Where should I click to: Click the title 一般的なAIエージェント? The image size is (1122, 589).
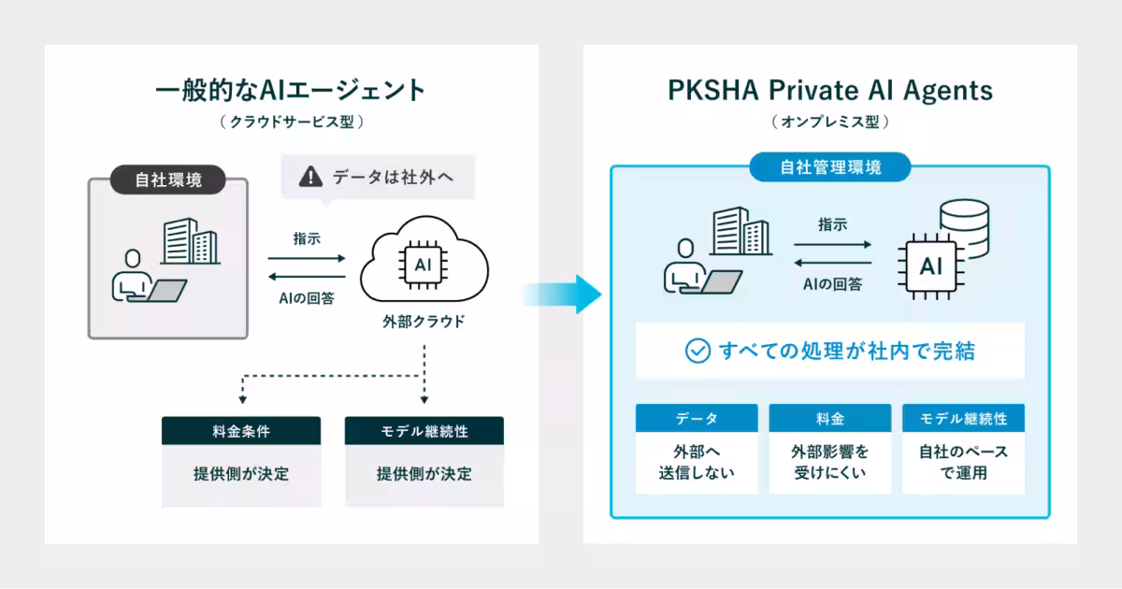[x=291, y=90]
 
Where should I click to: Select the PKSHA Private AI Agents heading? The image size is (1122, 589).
[x=830, y=92]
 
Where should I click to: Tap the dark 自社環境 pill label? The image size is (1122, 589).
[x=168, y=180]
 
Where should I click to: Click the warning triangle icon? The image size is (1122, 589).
[x=310, y=177]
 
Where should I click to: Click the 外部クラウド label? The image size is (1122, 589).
[x=424, y=322]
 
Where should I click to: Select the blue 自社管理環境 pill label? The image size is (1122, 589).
[x=830, y=166]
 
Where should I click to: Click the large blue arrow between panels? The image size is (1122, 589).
[x=563, y=294]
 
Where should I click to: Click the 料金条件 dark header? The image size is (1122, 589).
[x=241, y=430]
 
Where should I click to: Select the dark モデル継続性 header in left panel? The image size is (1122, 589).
[x=424, y=430]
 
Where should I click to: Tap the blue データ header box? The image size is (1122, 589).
[x=697, y=418]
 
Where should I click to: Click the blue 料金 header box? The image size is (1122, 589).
[x=830, y=418]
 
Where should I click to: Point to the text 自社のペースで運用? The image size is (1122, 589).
[x=963, y=462]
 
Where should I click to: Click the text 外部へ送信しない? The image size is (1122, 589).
[x=697, y=462]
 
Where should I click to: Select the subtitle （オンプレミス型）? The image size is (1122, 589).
[x=830, y=122]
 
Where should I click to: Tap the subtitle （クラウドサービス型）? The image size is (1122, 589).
[x=292, y=122]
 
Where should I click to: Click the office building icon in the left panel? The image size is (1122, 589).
[x=191, y=241]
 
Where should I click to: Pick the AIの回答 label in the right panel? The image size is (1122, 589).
[x=832, y=284]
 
